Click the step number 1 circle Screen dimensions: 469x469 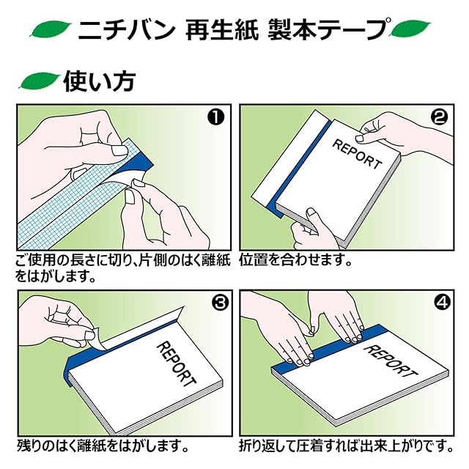pyautogui.click(x=215, y=117)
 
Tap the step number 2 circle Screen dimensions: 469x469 pyautogui.click(x=440, y=117)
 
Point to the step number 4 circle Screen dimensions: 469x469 pyautogui.click(x=443, y=303)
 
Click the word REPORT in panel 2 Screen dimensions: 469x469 pyautogui.click(x=357, y=155)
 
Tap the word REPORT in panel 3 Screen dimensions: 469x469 pyautogui.click(x=177, y=363)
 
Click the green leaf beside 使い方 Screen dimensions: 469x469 pyautogui.click(x=39, y=81)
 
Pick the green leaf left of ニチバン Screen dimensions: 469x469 pyautogui.click(x=51, y=29)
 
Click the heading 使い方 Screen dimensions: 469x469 pyautogui.click(x=100, y=81)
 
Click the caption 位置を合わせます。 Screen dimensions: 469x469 pyautogui.click(x=295, y=260)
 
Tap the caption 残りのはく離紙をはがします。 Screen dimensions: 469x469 pyautogui.click(x=103, y=446)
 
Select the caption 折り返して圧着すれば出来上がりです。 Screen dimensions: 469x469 pyautogui.click(x=346, y=446)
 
